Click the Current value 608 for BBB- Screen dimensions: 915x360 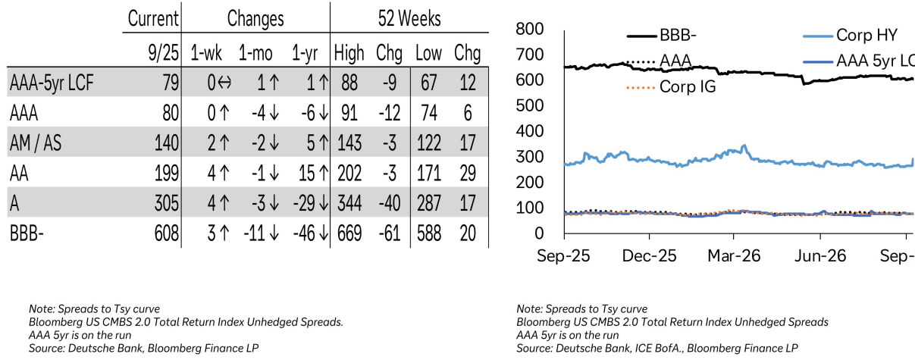click(167, 233)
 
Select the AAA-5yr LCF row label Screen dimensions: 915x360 click(52, 83)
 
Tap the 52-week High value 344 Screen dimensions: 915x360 click(349, 203)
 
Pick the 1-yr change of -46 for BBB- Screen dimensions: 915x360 click(311, 233)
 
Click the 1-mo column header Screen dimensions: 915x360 click(255, 53)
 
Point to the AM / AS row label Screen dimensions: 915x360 click(36, 142)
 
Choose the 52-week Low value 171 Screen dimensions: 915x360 click(429, 173)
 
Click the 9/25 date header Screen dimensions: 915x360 click(164, 53)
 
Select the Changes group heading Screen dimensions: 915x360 click(255, 18)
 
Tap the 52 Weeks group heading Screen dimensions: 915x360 click(409, 18)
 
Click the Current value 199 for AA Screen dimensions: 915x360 click(167, 173)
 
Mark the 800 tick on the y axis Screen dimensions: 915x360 click(530, 29)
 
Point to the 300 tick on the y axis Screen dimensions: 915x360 click(530, 157)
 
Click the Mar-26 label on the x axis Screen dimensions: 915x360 click(734, 256)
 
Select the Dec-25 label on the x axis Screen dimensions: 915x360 click(649, 256)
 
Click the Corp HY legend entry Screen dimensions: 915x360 click(850, 36)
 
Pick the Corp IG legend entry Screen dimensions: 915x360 click(671, 86)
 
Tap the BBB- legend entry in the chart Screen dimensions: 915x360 click(662, 36)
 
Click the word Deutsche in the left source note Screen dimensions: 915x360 click(87, 348)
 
